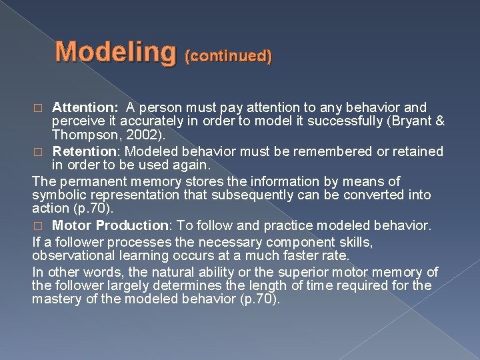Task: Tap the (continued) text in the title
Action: (229, 57)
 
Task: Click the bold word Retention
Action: (81, 151)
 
